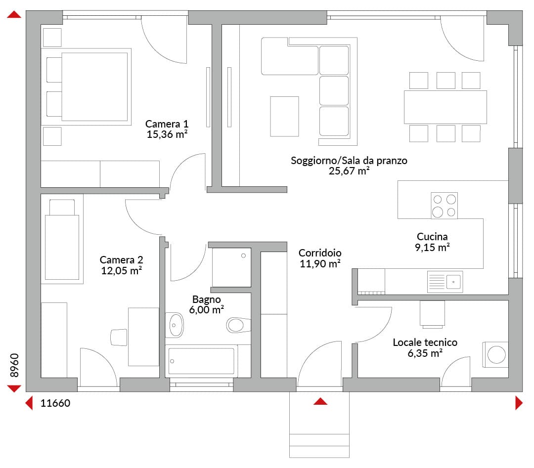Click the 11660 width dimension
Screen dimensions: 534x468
(55, 403)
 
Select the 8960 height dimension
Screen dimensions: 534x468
(14, 365)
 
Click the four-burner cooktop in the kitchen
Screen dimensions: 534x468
(444, 206)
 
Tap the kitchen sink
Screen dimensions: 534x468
(445, 282)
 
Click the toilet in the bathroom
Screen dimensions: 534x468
(238, 325)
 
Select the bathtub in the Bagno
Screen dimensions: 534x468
(201, 361)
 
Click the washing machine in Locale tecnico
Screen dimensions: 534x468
(495, 355)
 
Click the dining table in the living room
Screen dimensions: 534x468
(445, 107)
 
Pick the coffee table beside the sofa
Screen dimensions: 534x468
(284, 117)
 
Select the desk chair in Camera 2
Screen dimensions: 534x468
(119, 338)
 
